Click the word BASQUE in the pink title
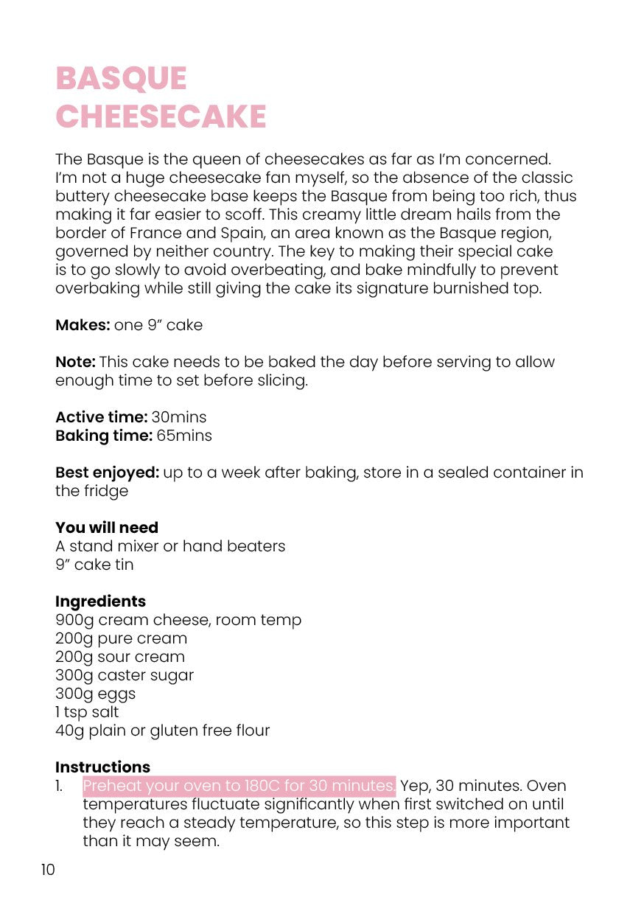point(121,79)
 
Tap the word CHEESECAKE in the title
point(161,116)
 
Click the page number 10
point(48,870)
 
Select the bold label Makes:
point(82,325)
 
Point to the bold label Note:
point(75,362)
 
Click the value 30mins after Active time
point(179,417)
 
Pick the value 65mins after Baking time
point(183,436)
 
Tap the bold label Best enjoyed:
point(106,472)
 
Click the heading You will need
point(106,528)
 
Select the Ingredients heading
point(100,601)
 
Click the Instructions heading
point(102,767)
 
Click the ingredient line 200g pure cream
point(121,638)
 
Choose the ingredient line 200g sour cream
point(120,657)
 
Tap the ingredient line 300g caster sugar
point(125,675)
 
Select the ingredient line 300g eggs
point(95,694)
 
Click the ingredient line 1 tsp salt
point(87,712)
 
